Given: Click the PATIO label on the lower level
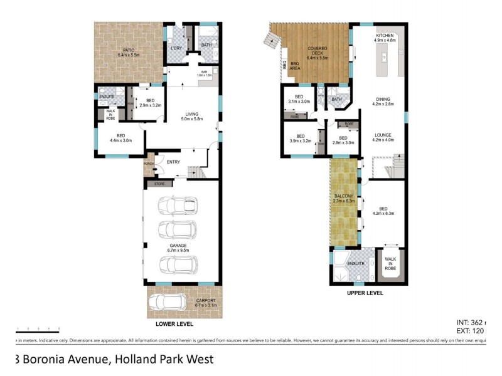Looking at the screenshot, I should click(x=128, y=50).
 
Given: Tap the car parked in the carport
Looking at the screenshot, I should click(x=166, y=305).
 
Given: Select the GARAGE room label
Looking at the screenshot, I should click(x=179, y=246).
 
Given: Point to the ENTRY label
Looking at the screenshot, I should click(x=174, y=162).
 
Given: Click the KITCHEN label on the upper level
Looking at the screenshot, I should click(x=385, y=36).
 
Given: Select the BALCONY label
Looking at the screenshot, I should click(x=345, y=197).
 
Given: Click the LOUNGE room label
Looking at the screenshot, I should click(x=383, y=135).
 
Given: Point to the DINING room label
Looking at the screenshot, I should click(x=383, y=99).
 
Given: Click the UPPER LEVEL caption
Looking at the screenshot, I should click(x=365, y=293).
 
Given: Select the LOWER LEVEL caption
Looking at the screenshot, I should click(x=174, y=324).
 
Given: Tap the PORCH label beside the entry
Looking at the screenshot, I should click(x=149, y=164).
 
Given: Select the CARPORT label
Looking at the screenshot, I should click(x=205, y=301).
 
